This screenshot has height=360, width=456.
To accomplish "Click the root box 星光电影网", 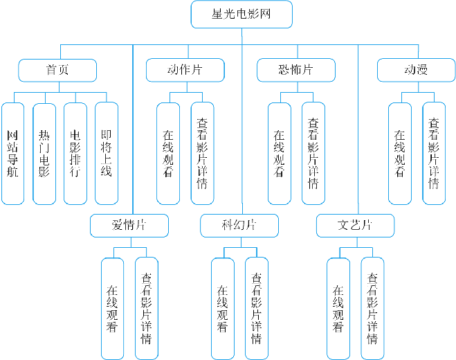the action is (241, 15).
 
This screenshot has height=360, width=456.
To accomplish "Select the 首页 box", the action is (57, 71).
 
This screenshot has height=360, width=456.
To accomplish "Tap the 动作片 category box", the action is (185, 70).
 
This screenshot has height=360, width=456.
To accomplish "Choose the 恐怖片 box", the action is (296, 70).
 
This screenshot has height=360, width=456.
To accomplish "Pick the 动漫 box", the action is (416, 70).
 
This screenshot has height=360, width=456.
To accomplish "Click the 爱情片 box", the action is (129, 226).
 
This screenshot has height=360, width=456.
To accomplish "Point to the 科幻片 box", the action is (239, 226).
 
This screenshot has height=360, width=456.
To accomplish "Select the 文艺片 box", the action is (356, 226).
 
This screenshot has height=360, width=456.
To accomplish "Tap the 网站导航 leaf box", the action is (12, 154).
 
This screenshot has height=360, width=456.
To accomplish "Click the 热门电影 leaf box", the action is (44, 154).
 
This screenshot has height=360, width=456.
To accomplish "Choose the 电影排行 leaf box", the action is (75, 154).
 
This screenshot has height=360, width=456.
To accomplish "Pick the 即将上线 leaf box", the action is (107, 154).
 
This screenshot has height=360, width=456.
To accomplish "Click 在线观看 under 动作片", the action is (168, 154).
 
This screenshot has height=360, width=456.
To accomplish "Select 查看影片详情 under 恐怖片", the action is (313, 154).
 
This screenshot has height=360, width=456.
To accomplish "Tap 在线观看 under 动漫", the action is (400, 154).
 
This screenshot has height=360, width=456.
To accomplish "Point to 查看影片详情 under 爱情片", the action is (147, 309).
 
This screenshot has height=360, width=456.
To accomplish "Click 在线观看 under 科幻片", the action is (223, 309).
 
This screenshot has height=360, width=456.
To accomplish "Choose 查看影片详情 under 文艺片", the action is (372, 309).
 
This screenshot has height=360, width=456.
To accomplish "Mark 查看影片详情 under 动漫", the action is (434, 154).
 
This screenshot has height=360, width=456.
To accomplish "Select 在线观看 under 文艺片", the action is (338, 309).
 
